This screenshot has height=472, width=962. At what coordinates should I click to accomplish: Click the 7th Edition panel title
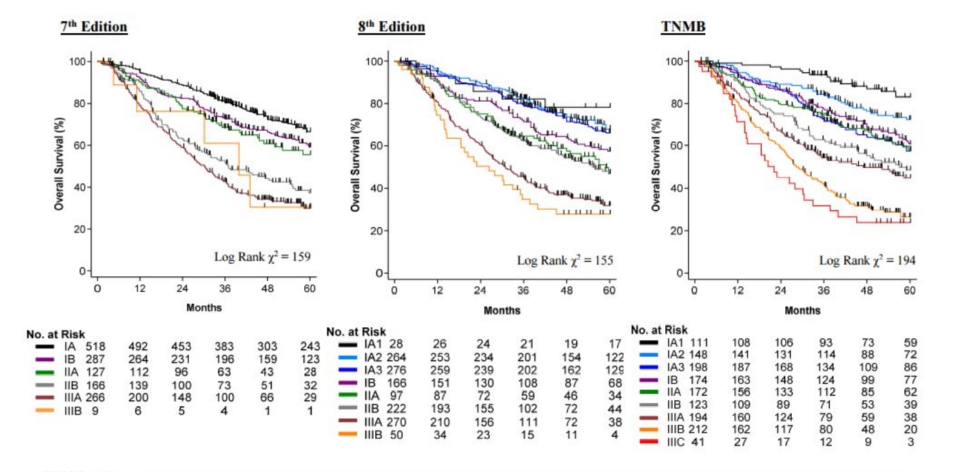point(94,27)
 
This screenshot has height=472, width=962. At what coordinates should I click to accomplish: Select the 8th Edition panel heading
point(391,27)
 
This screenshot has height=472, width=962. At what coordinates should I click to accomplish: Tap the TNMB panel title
point(683,27)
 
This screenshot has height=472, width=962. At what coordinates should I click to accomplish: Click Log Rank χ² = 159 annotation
point(262,256)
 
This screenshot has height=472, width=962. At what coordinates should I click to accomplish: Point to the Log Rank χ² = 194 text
point(867,260)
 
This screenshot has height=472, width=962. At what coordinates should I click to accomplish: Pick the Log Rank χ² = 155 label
point(565,260)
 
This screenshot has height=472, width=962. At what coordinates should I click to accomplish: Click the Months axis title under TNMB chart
point(802,310)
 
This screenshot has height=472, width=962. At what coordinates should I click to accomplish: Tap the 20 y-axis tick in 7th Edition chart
point(80,229)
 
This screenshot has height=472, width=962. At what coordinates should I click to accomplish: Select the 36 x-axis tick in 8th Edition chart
point(523,290)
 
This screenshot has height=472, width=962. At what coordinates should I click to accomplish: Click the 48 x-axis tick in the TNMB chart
point(867,290)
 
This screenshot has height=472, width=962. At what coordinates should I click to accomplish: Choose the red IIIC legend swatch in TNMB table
point(648,442)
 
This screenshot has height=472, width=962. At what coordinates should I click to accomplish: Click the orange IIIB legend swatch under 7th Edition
point(45,411)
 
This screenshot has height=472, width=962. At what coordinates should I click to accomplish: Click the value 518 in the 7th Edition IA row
point(95,347)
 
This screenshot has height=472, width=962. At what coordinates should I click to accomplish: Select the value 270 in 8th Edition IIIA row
point(396,422)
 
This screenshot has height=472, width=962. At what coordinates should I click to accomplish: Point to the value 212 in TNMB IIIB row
point(698,429)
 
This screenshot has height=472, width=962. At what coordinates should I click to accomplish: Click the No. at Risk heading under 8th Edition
point(356,332)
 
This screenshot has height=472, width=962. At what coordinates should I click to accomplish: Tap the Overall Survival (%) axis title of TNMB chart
point(656,165)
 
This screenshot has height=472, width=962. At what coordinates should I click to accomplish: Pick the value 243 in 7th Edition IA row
point(310,347)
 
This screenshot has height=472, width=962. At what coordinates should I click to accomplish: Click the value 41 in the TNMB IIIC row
point(698,442)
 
